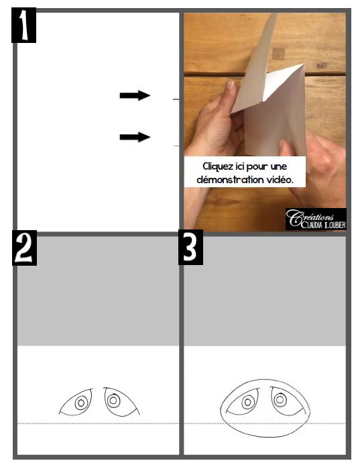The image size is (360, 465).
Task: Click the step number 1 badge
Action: click(23, 25)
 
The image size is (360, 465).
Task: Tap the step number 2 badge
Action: click(24, 248)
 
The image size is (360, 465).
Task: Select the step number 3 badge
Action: click(190, 248)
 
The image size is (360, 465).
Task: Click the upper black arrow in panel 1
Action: click(135, 95)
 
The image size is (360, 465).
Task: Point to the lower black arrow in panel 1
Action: click(135, 137)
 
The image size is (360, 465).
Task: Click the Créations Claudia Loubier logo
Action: click(316, 219)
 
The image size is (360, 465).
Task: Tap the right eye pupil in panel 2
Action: click(113, 401)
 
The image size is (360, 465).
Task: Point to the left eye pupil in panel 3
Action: click(248, 402)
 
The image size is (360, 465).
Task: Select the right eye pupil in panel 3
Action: click(280, 400)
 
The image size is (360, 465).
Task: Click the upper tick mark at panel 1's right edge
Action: click(176, 99)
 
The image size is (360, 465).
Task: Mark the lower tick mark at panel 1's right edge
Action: click(176, 146)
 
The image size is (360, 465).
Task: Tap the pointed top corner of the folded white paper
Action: click(304, 64)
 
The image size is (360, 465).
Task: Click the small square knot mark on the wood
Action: click(278, 54)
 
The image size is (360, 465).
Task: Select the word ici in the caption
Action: click(239, 166)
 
